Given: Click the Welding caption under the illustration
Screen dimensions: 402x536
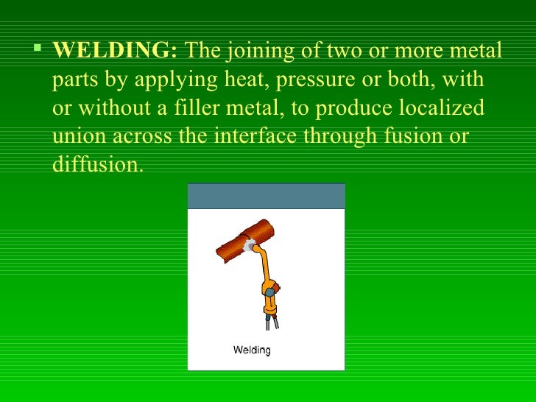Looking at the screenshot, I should [252, 350].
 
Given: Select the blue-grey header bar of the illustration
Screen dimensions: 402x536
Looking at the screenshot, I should [266, 197].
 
